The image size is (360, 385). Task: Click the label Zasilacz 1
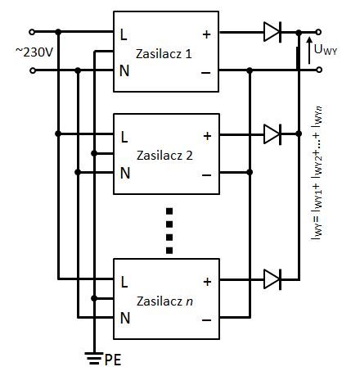click(x=164, y=54)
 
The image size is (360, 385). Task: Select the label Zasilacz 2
click(x=164, y=156)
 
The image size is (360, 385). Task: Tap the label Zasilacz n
click(x=164, y=301)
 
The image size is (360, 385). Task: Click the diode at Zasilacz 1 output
click(x=272, y=32)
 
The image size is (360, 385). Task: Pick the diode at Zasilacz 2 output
click(x=272, y=134)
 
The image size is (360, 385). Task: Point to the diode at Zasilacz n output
click(x=272, y=279)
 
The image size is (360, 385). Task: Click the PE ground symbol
click(x=94, y=358)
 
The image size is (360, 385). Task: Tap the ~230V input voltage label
click(x=34, y=52)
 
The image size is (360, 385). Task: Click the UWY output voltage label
click(x=326, y=50)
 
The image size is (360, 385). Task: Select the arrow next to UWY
click(x=309, y=51)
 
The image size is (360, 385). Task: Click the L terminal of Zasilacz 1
click(x=124, y=34)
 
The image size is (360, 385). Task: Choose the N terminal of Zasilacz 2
click(x=125, y=173)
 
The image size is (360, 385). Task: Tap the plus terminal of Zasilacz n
click(x=207, y=282)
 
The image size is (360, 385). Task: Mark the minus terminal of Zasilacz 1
click(x=206, y=73)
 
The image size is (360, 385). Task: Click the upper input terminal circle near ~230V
click(x=32, y=32)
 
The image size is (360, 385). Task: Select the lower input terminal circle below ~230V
click(x=32, y=70)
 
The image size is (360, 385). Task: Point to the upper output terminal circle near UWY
click(x=318, y=32)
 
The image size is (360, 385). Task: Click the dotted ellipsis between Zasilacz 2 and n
click(x=169, y=231)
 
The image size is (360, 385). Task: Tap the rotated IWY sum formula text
click(x=317, y=173)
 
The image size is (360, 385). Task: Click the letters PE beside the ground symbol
click(x=113, y=360)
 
